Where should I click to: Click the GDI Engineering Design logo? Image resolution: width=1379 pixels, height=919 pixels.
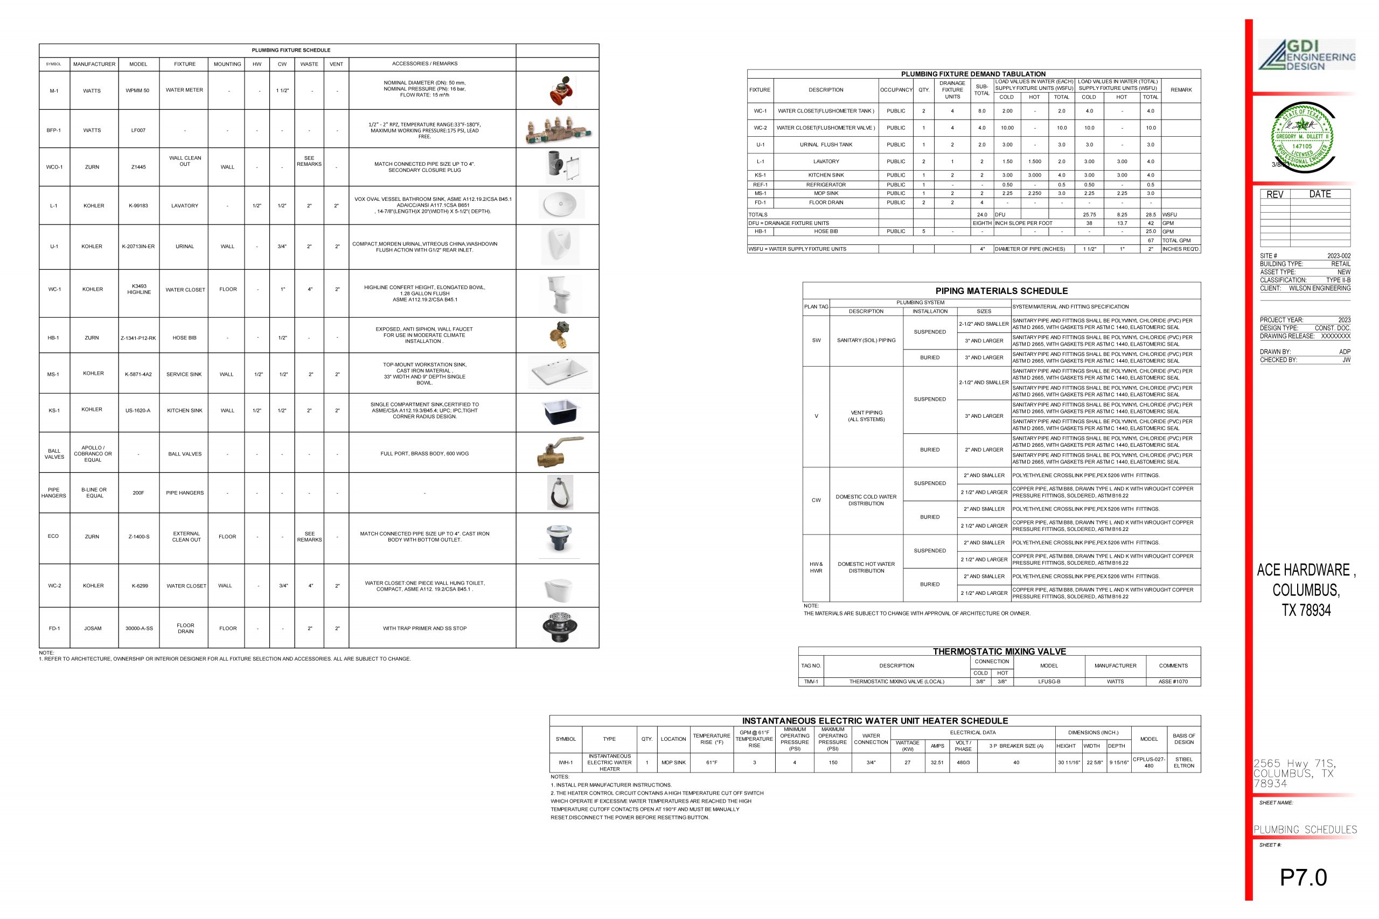coord(1306,55)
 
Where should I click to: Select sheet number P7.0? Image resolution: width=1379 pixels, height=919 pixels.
coord(1303,878)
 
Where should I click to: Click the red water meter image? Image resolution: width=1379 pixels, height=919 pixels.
coord(561,90)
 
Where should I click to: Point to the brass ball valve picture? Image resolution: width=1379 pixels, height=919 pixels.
coord(559,452)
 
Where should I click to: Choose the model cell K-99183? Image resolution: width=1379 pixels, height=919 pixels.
coord(138,206)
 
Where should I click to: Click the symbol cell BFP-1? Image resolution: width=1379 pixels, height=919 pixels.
coord(54,130)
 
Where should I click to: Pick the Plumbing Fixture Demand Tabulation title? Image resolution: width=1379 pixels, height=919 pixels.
coord(973,74)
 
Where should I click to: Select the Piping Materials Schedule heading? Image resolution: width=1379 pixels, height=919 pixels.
coord(1001,291)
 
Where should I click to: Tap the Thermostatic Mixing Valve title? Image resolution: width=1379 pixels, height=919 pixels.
coord(999,651)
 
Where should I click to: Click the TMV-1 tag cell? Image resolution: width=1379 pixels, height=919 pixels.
coord(811,682)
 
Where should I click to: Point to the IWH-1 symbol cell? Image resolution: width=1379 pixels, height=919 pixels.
coord(565,762)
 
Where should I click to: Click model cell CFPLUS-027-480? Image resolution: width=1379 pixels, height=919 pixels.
coord(1148,762)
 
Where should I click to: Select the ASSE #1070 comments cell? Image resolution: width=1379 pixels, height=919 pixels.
coord(1173,682)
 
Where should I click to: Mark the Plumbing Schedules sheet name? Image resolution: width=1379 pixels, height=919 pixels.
coord(1305,829)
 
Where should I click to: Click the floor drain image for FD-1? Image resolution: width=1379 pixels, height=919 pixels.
coord(560,627)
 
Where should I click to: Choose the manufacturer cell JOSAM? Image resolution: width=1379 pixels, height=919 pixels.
coord(93,628)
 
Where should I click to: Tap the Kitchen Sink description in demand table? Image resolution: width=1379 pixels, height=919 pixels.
coord(826,176)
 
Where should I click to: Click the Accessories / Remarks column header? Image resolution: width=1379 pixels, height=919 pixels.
coord(424,64)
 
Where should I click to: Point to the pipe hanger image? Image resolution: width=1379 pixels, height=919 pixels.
coord(560,492)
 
